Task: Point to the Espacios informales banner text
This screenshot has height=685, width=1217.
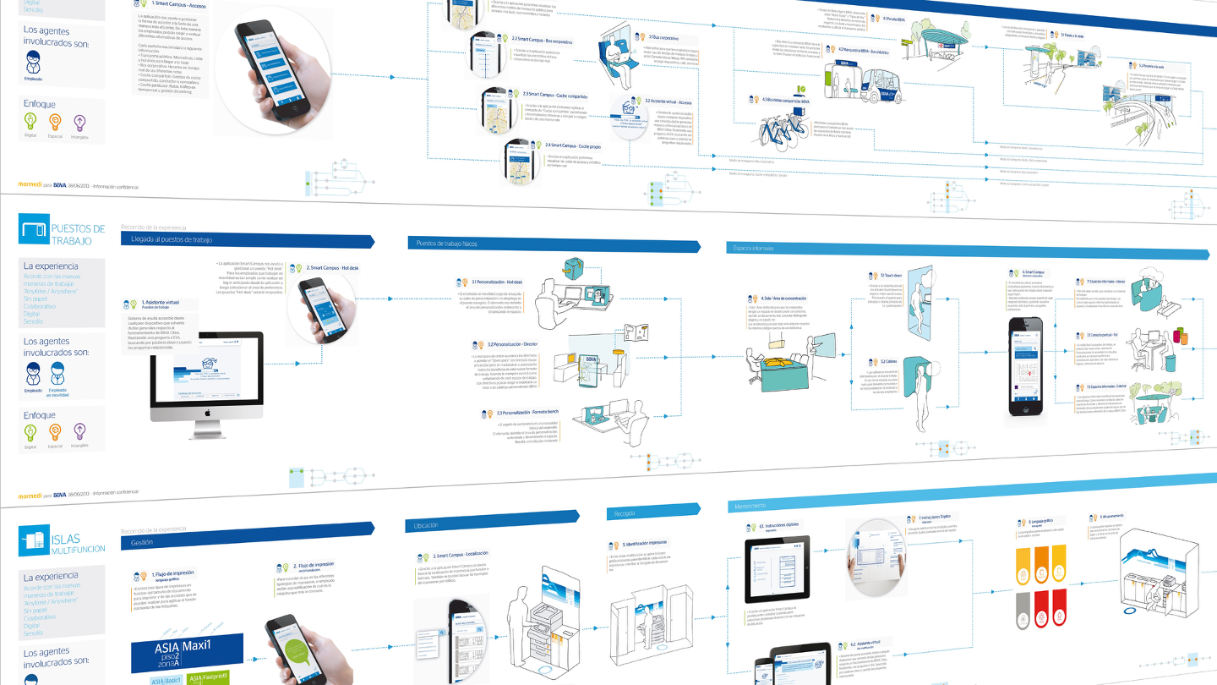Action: (x=751, y=248)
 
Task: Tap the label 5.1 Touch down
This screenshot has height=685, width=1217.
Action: (x=892, y=276)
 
